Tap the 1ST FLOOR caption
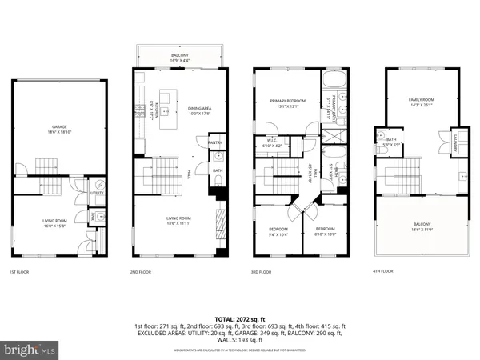click(19, 272)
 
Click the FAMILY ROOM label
click(422, 100)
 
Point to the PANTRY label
click(214, 143)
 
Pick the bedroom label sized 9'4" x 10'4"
click(278, 232)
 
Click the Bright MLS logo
click(30, 350)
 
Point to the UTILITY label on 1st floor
click(97, 193)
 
